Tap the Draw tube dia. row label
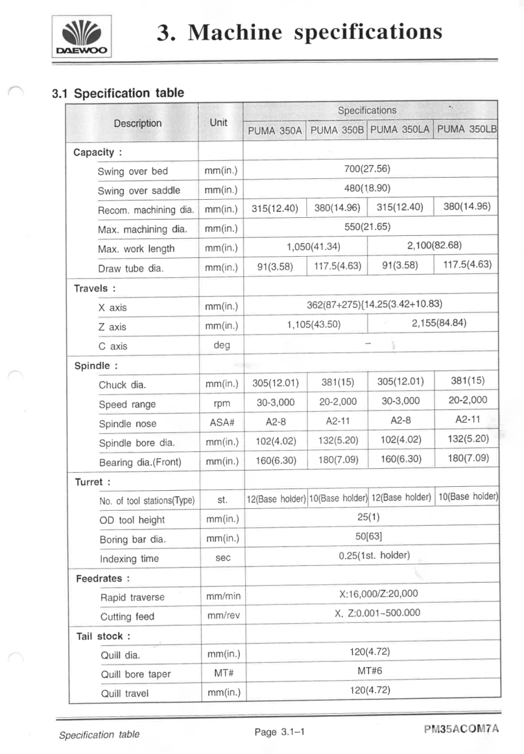click(129, 268)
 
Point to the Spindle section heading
click(93, 366)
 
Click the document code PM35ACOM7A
click(462, 730)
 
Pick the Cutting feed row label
click(127, 617)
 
